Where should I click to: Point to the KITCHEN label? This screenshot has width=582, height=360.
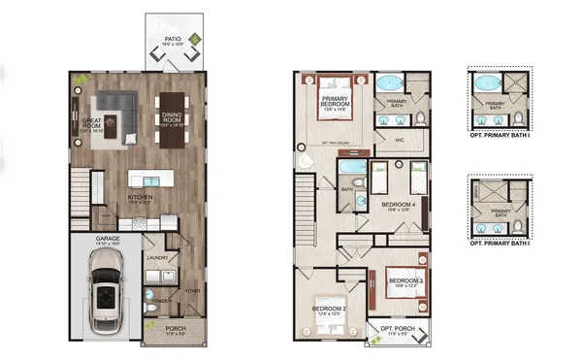143,200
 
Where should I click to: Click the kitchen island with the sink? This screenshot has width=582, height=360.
149,180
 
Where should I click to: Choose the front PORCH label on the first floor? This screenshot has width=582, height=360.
174,330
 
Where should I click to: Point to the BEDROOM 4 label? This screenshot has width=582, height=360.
399,206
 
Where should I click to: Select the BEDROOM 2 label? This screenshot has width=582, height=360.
328,311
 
